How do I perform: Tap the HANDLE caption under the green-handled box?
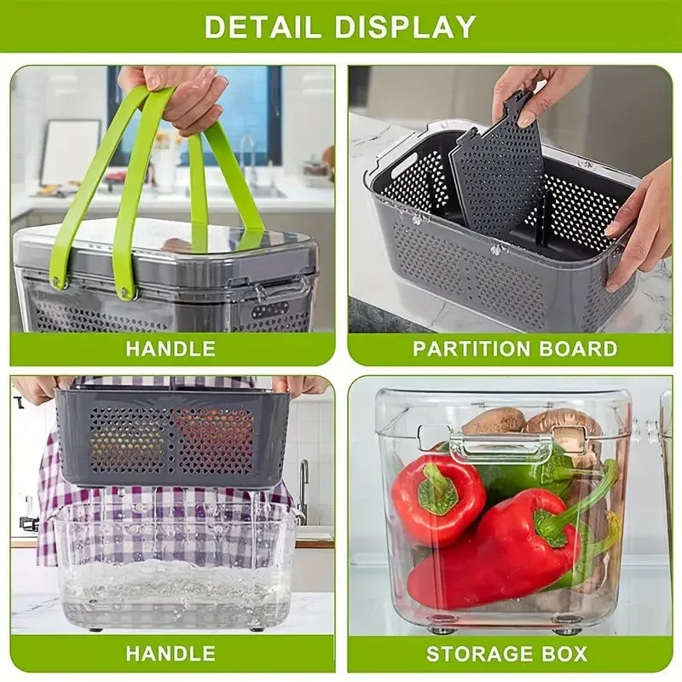tap(170, 349)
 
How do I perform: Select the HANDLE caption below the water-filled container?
tap(170, 654)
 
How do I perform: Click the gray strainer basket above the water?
tap(170, 438)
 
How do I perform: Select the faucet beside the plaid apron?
tap(303, 490)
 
